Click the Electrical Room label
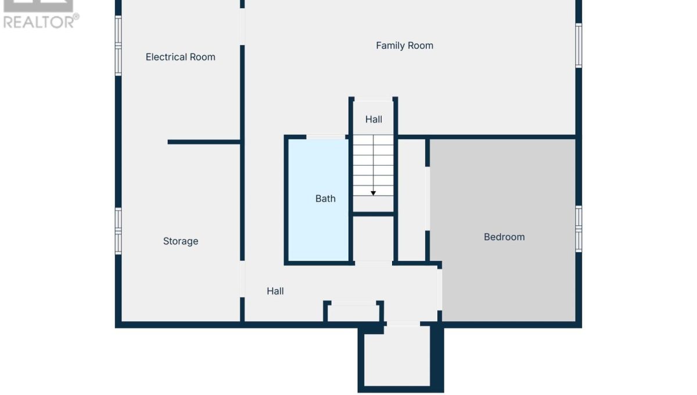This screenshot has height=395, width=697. [x=181, y=57]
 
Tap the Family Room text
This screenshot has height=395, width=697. [x=404, y=46]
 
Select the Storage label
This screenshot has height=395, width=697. [x=181, y=241]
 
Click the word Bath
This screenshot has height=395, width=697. [x=325, y=199]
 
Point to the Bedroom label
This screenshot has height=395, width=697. [x=504, y=237]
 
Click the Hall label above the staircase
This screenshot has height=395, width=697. [x=373, y=119]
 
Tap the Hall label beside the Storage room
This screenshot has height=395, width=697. [x=275, y=291]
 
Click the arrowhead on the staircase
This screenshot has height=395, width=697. [x=373, y=193]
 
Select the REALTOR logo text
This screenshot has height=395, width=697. [x=41, y=22]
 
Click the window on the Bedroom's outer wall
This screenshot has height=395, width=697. [x=579, y=229]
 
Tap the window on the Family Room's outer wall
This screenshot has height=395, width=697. [x=579, y=45]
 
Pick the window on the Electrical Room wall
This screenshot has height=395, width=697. [x=118, y=45]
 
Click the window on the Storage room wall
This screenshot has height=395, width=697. [x=118, y=231]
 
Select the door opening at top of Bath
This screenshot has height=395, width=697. [x=326, y=137]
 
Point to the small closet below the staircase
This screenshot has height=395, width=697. [x=373, y=239]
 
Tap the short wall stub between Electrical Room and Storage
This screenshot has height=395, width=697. [x=204, y=142]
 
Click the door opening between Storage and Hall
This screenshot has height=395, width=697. [x=242, y=279]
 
